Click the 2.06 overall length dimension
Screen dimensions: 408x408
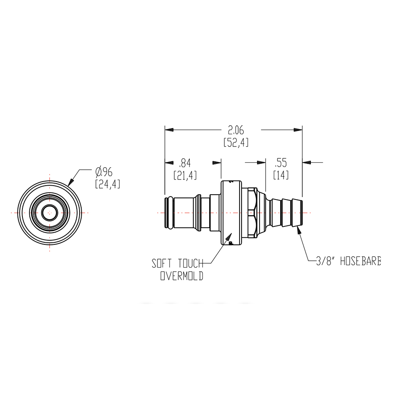click(236, 130)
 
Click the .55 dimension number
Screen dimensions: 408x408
click(281, 163)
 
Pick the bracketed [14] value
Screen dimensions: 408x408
click(281, 175)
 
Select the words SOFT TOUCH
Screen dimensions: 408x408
click(177, 264)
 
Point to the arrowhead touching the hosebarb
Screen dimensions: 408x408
click(299, 231)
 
